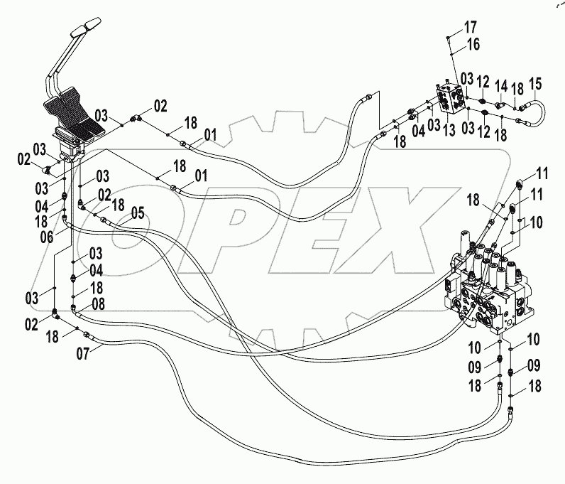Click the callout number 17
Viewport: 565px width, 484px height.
tap(471, 28)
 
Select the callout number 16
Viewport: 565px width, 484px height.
tap(472, 45)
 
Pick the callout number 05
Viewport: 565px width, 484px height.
tap(136, 212)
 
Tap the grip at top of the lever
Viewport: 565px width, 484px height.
tap(83, 32)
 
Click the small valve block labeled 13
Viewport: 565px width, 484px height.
tap(451, 98)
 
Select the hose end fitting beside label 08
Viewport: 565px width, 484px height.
tap(75, 307)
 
